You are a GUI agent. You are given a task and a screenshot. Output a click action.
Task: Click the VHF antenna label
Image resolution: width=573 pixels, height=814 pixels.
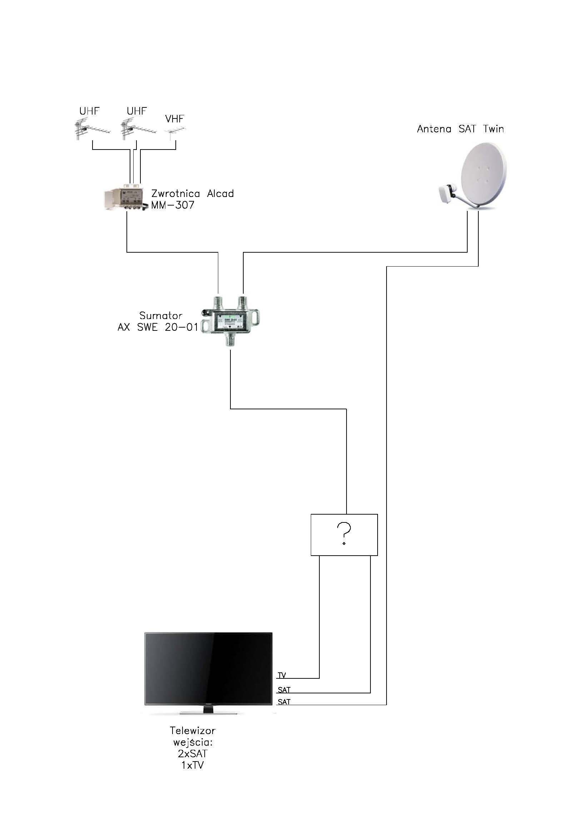click(x=174, y=118)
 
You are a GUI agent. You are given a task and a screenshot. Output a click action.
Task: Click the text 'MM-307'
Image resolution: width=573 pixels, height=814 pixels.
click(x=173, y=205)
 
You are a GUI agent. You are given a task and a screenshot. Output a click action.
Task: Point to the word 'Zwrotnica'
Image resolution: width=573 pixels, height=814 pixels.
click(x=175, y=194)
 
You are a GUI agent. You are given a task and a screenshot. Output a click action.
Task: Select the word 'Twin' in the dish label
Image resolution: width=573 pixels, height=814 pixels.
click(x=493, y=129)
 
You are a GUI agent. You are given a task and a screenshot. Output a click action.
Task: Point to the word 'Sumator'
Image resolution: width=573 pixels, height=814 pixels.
click(x=161, y=315)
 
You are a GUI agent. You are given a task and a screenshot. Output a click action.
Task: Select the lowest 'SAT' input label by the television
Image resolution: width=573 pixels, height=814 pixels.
click(x=284, y=702)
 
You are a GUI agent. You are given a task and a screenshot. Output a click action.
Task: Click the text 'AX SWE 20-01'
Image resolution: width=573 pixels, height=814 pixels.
click(x=158, y=327)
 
